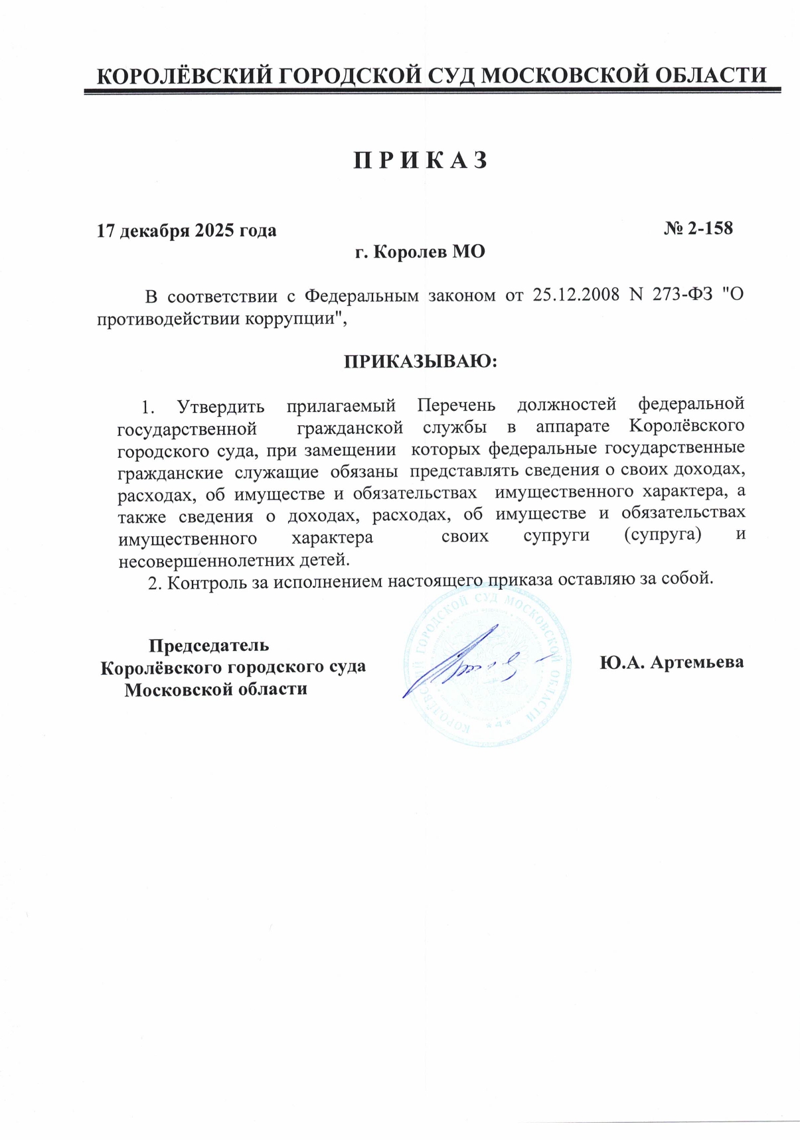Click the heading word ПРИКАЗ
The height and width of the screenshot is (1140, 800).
click(420, 161)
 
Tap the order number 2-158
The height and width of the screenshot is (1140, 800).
click(708, 228)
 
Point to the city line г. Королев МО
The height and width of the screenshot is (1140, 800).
click(420, 252)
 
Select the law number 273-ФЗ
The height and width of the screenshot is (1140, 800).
click(681, 295)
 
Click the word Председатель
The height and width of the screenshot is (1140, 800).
click(208, 645)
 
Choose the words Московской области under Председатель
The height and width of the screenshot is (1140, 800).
click(216, 689)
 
